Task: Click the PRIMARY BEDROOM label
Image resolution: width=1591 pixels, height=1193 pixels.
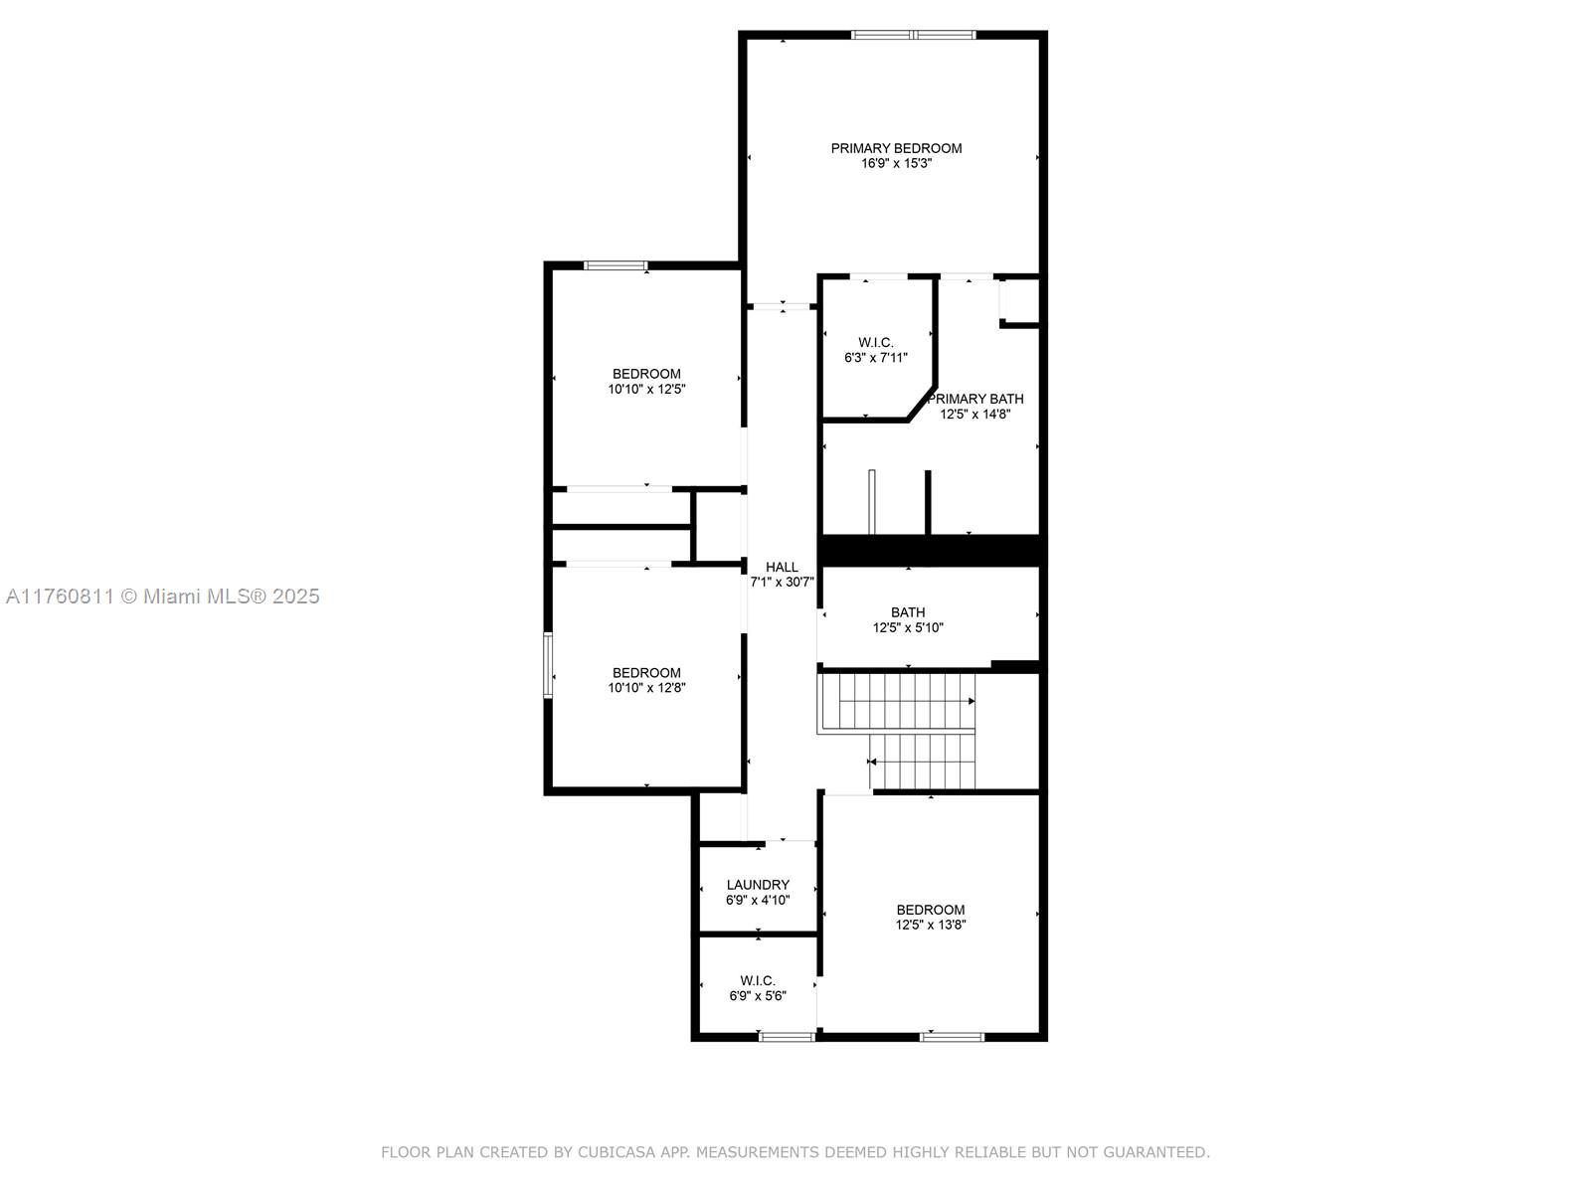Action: (896, 148)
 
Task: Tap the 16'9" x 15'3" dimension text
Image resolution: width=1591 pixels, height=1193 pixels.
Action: (896, 164)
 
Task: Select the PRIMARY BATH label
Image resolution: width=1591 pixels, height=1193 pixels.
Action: (975, 399)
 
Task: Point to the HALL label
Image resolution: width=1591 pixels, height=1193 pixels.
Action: (782, 567)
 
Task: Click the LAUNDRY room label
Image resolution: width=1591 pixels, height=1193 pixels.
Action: (758, 885)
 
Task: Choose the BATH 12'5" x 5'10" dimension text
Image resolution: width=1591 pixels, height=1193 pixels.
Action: (908, 628)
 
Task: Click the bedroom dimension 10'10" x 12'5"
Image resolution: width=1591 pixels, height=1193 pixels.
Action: (646, 390)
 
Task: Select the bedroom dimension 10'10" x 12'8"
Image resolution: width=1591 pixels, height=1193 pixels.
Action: (646, 688)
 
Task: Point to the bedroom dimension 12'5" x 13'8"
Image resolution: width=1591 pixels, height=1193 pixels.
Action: (930, 925)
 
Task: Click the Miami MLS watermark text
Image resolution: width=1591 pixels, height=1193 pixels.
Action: (162, 596)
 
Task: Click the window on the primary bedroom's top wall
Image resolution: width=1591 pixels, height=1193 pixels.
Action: (913, 35)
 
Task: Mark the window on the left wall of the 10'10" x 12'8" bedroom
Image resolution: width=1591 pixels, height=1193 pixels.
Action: (548, 666)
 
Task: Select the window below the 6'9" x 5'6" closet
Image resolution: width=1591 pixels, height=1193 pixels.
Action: (787, 1037)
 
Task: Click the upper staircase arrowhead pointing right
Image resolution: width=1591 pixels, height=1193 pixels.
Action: (972, 701)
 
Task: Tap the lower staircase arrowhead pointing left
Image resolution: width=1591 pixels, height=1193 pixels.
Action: (872, 762)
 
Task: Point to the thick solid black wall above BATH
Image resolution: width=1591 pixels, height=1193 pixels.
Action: (932, 551)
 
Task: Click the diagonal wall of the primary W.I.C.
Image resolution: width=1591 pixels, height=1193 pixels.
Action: (921, 404)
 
